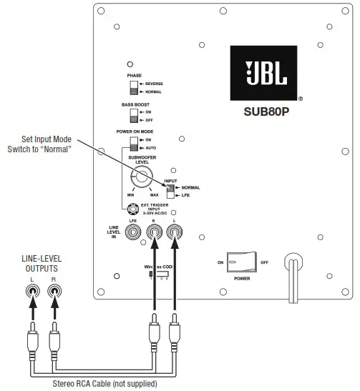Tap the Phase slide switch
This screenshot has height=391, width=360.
pyautogui.click(x=133, y=87)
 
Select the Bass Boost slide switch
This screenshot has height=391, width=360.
pyautogui.click(x=133, y=116)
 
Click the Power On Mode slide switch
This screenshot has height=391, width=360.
pyautogui.click(x=133, y=143)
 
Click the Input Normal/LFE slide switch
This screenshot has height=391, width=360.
pyautogui.click(x=172, y=190)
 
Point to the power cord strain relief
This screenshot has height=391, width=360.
pyautogui.click(x=291, y=262)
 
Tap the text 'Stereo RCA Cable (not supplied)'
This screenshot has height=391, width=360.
pyautogui.click(x=104, y=384)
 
